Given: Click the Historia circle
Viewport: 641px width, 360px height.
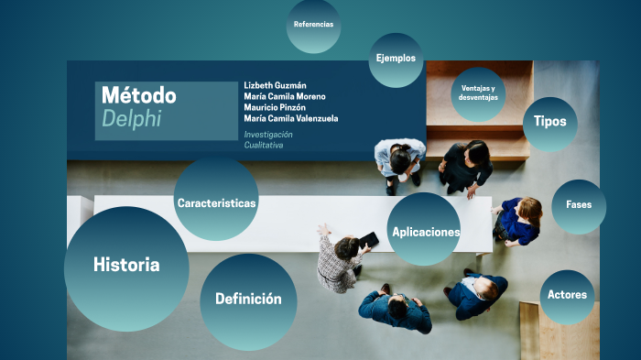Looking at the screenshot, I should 126,266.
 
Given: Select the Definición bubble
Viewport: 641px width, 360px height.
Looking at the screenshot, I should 247,300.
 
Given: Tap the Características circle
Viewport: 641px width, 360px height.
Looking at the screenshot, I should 216,202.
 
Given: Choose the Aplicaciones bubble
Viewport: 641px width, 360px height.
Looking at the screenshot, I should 424,231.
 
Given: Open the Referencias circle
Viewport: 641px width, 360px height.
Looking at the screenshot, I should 313,26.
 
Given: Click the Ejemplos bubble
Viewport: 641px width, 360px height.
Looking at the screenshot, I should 396,59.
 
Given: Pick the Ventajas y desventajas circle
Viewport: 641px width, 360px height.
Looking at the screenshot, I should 478,93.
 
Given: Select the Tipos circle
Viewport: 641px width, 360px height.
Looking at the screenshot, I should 549,122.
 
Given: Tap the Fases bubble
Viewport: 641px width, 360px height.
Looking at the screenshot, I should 579,205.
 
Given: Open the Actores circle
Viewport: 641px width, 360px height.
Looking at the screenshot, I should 567,295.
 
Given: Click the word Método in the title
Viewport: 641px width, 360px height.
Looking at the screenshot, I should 138,95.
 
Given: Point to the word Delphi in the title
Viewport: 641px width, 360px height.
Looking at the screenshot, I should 130,119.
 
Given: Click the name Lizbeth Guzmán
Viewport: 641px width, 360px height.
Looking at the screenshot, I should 277,85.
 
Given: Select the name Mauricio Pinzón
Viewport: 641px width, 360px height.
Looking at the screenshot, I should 281,107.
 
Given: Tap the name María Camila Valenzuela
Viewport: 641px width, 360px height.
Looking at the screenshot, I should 290,118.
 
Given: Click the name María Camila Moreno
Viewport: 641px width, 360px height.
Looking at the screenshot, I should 285,96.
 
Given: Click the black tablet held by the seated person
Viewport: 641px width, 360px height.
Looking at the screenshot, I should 368,240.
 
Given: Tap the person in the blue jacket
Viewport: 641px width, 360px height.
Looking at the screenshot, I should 519,220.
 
